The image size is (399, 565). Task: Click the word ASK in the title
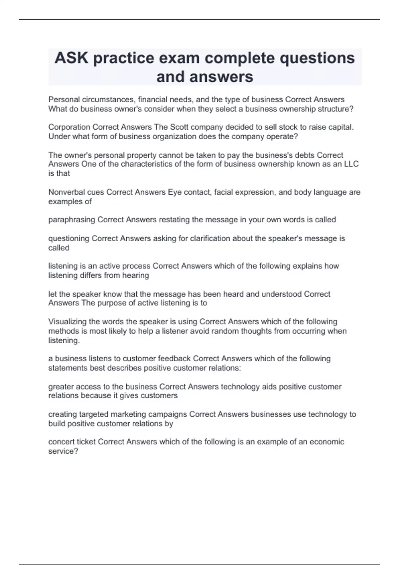tap(71, 58)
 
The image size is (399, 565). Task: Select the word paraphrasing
tap(71, 220)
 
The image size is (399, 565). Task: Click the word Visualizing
tap(68, 322)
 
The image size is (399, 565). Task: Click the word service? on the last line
tap(63, 451)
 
